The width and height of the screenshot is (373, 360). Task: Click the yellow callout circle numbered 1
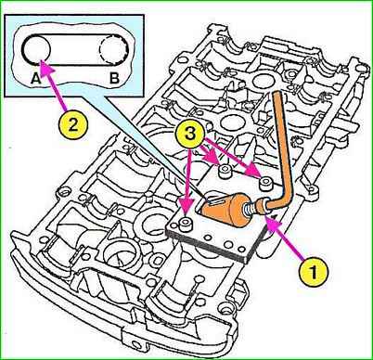tap(314, 273)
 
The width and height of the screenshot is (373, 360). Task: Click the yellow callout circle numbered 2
tap(73, 125)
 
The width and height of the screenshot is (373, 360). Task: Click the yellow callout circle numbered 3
tap(190, 135)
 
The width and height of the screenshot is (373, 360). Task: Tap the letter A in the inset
tap(36, 79)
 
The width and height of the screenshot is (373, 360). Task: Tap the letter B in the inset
tap(114, 79)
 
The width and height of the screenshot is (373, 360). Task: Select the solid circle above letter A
tap(36, 50)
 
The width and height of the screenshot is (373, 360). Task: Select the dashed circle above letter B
tap(113, 50)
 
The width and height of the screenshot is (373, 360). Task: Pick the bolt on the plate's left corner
tap(186, 224)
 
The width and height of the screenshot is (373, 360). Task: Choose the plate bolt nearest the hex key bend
tap(265, 183)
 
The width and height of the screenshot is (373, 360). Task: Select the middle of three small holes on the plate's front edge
tap(228, 245)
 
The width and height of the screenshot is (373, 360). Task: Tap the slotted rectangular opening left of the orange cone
tap(208, 199)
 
